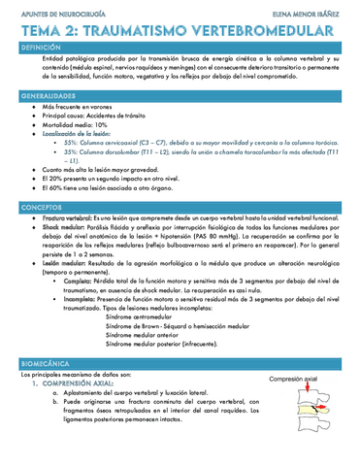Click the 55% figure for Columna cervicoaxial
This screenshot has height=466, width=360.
[x=73, y=143]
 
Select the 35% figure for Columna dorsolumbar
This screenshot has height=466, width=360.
[x=73, y=152]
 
